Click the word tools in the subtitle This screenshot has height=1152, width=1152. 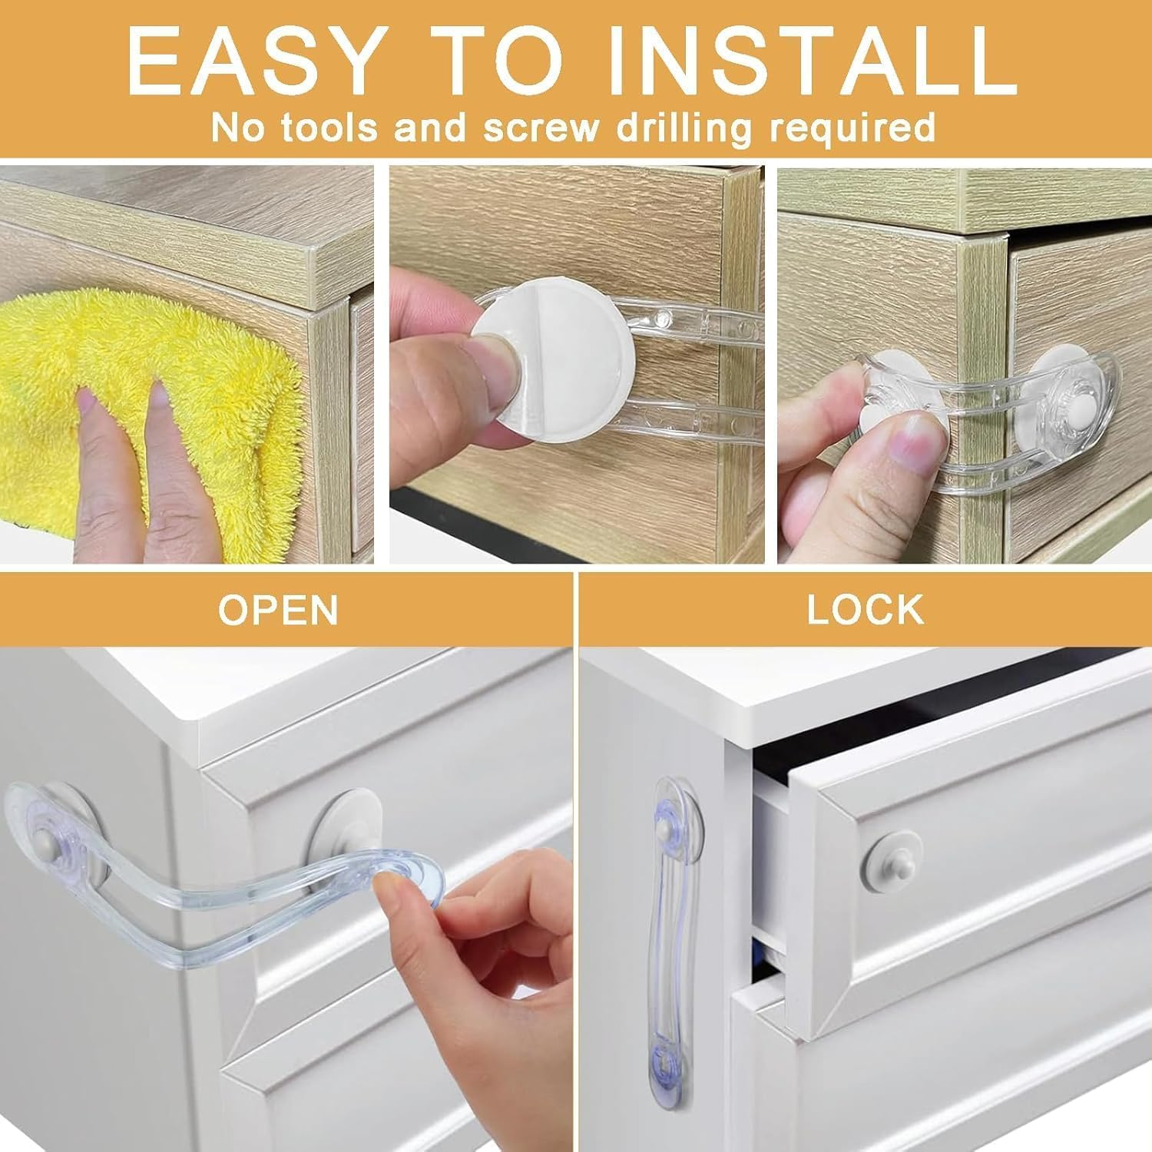(329, 127)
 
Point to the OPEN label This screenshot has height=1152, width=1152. (278, 610)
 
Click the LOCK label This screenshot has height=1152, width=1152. (865, 610)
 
